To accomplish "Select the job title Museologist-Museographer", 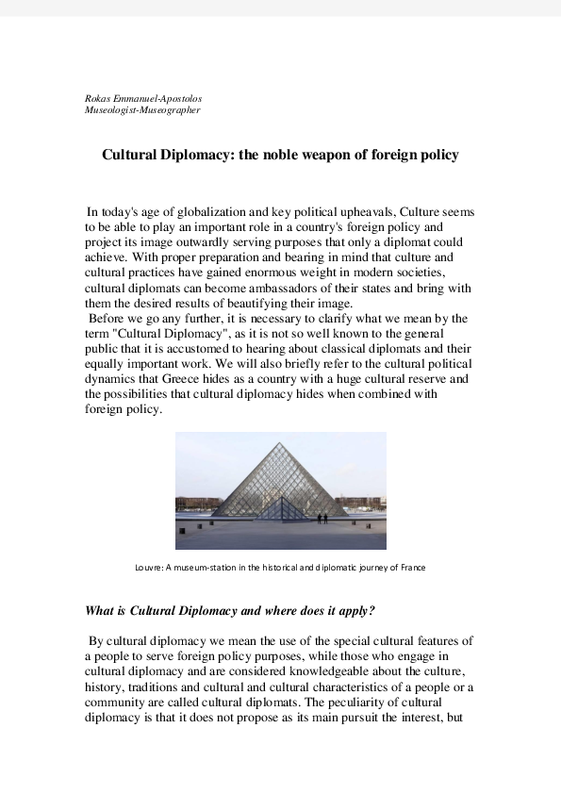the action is click(141, 110).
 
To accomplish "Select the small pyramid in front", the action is click(276, 508).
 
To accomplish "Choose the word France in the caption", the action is click(413, 568).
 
